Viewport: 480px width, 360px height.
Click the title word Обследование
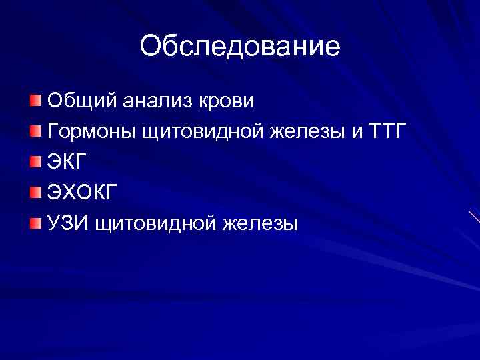[240, 46]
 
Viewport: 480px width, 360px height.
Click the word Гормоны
[90, 132]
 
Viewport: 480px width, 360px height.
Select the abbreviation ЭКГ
[67, 162]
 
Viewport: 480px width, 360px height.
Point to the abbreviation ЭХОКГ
[83, 193]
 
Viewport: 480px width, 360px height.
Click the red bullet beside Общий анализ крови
[35, 101]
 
